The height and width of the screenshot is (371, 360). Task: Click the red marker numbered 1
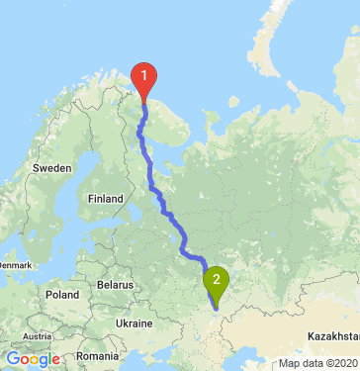pos(144,77)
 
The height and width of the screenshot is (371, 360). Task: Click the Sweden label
pos(51,168)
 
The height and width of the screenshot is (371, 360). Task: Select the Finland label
pos(105,198)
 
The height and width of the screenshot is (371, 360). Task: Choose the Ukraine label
pos(134,324)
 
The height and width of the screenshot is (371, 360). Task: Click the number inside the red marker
pos(144,73)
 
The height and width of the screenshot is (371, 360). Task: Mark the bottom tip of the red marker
pos(144,102)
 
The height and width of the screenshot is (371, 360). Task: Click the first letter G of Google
pos(12,359)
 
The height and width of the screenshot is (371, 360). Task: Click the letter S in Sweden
pos(36,168)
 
